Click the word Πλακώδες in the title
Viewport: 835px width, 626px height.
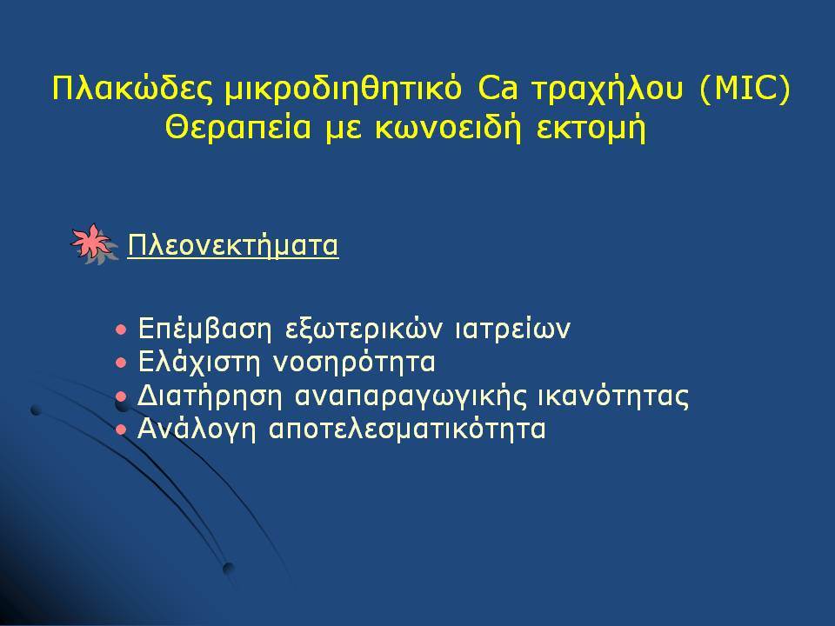click(x=131, y=89)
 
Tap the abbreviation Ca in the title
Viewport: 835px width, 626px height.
click(x=498, y=89)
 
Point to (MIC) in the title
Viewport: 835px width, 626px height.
click(x=745, y=90)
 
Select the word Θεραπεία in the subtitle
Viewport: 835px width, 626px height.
click(x=238, y=129)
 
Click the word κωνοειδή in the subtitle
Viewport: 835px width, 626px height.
click(x=448, y=129)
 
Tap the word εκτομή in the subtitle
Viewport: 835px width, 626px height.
click(x=591, y=130)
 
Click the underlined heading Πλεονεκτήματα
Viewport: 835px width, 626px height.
click(x=233, y=246)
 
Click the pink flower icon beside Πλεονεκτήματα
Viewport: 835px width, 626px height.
click(x=93, y=243)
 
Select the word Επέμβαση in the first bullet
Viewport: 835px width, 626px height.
click(x=204, y=330)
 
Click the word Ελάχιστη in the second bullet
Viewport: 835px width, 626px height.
click(x=199, y=363)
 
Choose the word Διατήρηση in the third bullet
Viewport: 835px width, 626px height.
click(x=210, y=396)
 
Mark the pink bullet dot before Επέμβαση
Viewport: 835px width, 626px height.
click(x=122, y=330)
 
